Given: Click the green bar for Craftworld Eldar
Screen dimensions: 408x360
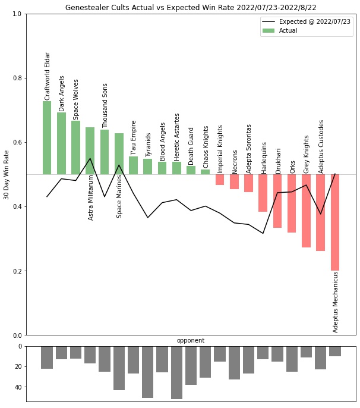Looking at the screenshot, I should tap(47, 137).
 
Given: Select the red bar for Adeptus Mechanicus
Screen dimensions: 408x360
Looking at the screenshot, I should tap(335, 222).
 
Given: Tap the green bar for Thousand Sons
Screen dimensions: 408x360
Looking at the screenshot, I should tap(105, 152).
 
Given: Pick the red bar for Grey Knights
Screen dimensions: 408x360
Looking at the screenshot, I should tap(306, 211).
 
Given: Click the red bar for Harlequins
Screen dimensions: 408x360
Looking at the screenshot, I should tap(263, 193).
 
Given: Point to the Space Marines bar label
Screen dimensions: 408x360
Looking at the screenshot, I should tap(119, 196).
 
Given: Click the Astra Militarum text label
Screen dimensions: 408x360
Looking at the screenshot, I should tap(91, 197).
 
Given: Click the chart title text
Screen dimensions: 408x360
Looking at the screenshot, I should tap(191, 7).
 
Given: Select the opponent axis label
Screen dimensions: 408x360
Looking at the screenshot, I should tap(191, 341).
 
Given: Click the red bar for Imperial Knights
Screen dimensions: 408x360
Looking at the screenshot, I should tap(220, 180).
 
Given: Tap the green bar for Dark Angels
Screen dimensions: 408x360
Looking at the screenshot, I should tap(61, 143).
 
